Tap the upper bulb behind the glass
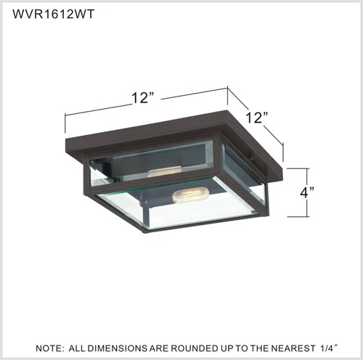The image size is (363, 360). tap(164, 172)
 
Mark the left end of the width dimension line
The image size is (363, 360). tap(66, 115)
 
